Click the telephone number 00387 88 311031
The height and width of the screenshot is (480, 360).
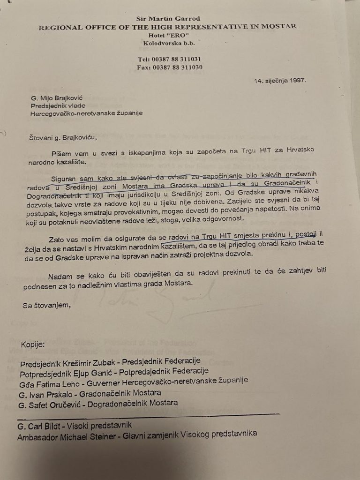tap(176, 59)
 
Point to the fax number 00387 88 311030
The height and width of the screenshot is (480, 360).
tap(177, 67)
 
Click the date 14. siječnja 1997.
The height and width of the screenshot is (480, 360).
tap(280, 81)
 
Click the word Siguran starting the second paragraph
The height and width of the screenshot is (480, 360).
tap(63, 179)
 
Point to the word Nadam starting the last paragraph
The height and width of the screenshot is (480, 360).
tap(59, 277)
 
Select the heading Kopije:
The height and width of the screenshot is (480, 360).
tap(33, 345)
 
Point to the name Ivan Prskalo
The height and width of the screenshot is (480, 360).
tap(48, 394)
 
